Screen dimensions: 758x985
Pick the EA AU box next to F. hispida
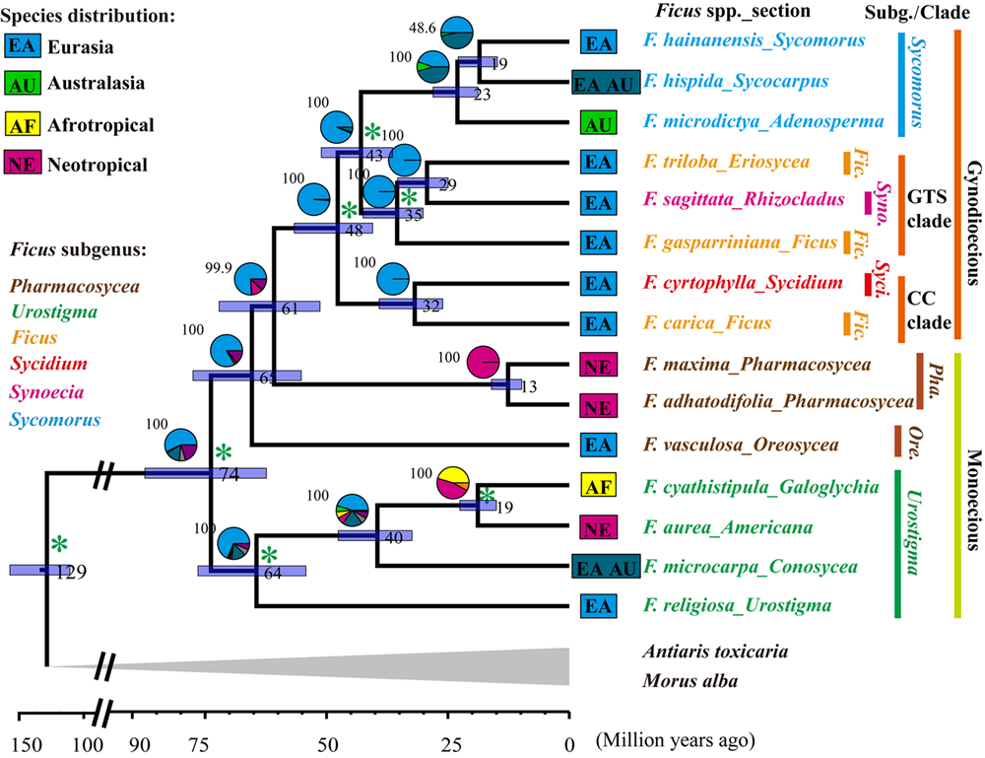pyautogui.click(x=606, y=84)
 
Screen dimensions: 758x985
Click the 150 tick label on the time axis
pyautogui.click(x=27, y=740)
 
